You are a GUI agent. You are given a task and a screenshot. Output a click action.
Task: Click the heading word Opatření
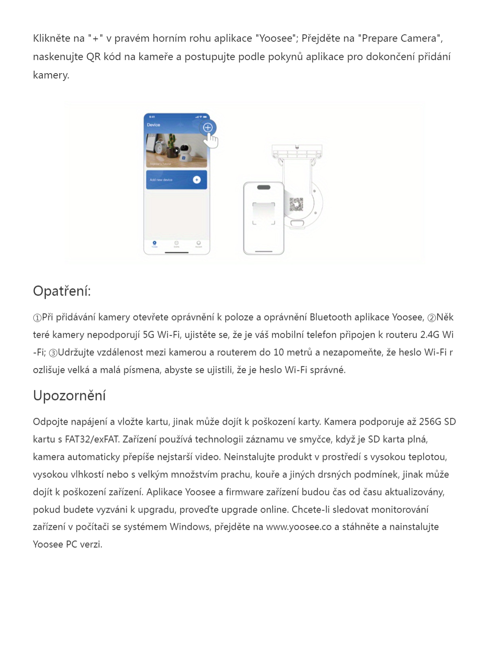[61, 291]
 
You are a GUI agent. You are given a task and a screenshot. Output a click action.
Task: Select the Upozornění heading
[69, 396]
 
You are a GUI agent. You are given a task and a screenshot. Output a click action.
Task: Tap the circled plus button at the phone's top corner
[208, 128]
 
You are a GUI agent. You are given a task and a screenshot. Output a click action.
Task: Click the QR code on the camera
[296, 204]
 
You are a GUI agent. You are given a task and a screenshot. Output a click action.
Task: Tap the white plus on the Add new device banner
[196, 180]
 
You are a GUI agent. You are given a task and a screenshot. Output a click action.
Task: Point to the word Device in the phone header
[154, 125]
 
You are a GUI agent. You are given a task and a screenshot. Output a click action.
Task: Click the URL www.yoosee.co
[298, 527]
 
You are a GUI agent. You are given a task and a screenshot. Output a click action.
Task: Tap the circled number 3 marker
[53, 353]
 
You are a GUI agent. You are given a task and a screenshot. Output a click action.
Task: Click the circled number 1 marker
[37, 318]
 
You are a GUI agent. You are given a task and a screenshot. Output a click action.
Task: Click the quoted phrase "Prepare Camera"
[400, 38]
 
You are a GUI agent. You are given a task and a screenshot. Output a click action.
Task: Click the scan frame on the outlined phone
[263, 213]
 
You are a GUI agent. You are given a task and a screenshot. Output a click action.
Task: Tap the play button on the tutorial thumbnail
[176, 151]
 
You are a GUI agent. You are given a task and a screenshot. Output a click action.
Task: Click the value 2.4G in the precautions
[430, 335]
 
